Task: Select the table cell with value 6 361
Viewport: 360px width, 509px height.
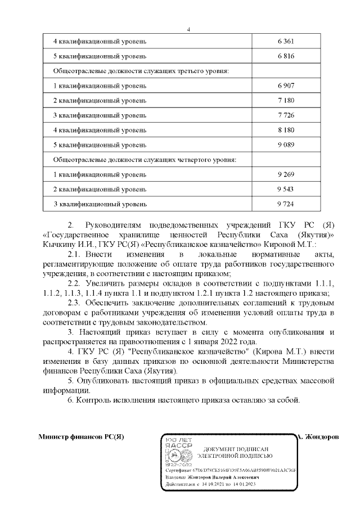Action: pos(286,42)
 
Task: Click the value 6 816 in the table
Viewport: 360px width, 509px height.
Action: pos(286,57)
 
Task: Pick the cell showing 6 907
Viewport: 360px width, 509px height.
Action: pos(286,85)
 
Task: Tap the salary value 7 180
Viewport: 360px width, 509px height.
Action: pos(286,100)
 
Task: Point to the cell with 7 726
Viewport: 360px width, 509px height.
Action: pos(286,115)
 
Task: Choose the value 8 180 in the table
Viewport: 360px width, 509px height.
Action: pos(286,130)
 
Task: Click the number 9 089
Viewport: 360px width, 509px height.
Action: pos(286,145)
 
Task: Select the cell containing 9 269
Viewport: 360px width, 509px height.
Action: pos(286,174)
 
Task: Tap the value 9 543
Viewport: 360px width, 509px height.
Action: pos(286,189)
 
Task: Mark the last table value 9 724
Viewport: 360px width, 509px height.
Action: pos(286,204)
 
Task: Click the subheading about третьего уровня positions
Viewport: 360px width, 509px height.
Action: pos(141,71)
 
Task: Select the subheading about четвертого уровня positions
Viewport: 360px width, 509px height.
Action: pos(144,159)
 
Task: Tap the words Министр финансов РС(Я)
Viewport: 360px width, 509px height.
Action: pos(80,437)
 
